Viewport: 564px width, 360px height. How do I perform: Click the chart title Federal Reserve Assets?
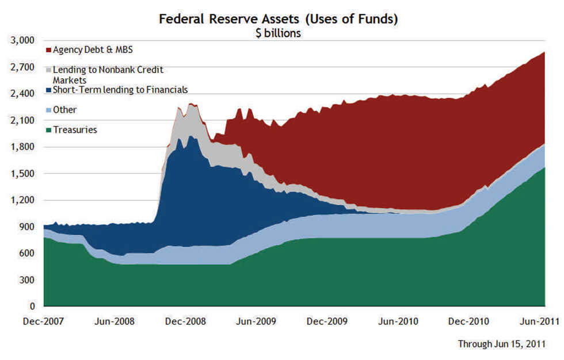point(279,19)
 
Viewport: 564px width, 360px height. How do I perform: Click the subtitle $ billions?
point(279,33)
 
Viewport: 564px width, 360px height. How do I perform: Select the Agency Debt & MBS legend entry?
point(92,50)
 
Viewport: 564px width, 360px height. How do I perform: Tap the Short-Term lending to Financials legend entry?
point(120,90)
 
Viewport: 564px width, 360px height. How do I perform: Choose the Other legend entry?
point(64,110)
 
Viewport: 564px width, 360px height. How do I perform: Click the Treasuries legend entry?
point(75,130)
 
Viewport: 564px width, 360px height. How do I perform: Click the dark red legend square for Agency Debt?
point(48,50)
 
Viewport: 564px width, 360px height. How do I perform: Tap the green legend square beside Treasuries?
point(48,130)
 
